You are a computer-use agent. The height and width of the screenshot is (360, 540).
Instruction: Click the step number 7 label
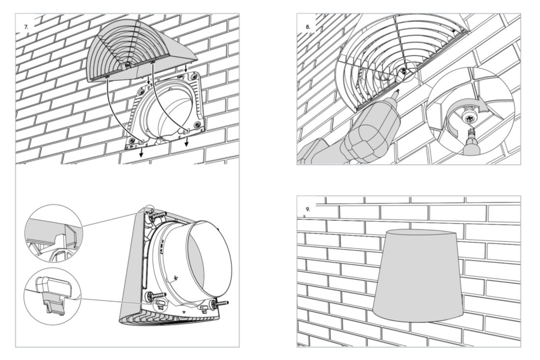27,27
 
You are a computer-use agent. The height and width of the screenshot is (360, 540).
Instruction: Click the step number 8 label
307,27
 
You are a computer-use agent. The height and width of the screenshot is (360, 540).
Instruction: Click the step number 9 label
307,209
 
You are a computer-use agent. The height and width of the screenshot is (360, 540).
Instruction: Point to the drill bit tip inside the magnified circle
470,132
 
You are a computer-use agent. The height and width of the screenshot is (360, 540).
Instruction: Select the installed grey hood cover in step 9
418,276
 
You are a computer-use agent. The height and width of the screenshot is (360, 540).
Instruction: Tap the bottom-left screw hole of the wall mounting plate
132,140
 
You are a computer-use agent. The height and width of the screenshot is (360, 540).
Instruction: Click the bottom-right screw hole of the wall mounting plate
197,124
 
